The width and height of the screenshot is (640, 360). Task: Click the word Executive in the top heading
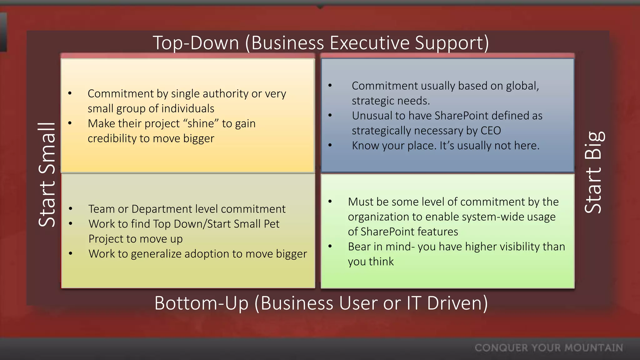pyautogui.click(x=369, y=43)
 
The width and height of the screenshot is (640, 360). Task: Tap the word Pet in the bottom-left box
pyautogui.click(x=272, y=224)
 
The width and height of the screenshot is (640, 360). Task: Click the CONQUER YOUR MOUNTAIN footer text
pyautogui.click(x=549, y=348)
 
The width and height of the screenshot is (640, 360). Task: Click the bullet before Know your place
pyautogui.click(x=330, y=145)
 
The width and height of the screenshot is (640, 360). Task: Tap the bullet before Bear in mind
pyautogui.click(x=330, y=246)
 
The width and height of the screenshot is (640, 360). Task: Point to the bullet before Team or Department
pyautogui.click(x=71, y=209)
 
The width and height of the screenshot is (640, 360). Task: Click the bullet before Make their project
pyautogui.click(x=70, y=123)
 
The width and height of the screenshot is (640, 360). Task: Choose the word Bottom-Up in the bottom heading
pyautogui.click(x=201, y=303)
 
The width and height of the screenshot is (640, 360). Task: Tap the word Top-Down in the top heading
pyautogui.click(x=196, y=43)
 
